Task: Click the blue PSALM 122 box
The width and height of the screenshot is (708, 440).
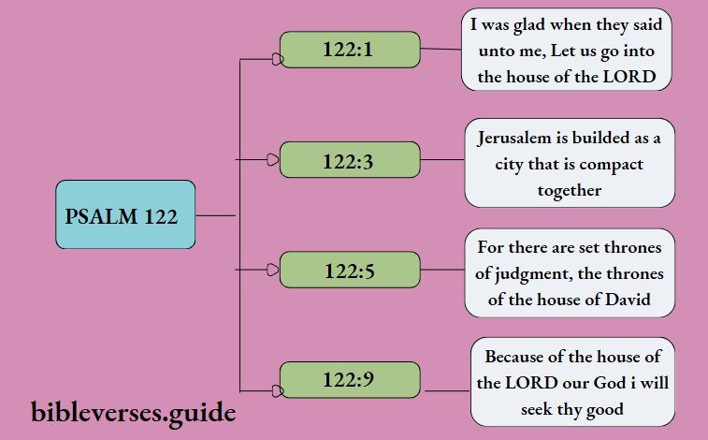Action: coord(125,214)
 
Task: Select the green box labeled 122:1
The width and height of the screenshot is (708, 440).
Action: coord(350,49)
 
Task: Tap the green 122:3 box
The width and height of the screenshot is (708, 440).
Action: coord(350,160)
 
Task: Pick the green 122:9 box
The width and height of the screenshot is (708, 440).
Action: coord(350,380)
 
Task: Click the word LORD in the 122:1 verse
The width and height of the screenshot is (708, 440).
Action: coord(632,77)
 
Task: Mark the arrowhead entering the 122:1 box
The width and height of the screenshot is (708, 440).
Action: coord(275,58)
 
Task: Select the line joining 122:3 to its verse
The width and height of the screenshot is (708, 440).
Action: coord(442,160)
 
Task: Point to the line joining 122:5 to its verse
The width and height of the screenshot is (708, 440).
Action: coord(442,270)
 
